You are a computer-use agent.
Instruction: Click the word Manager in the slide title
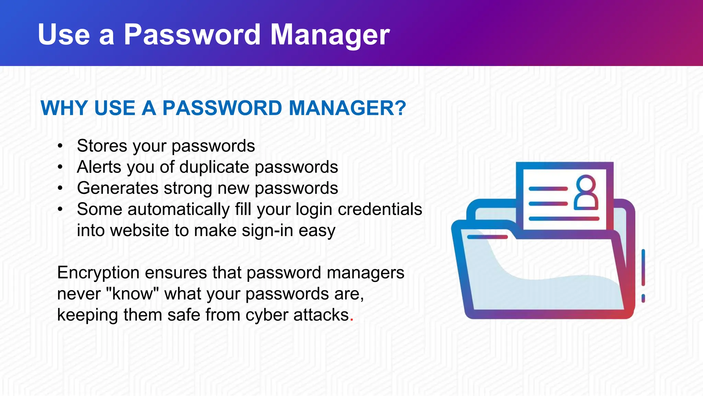tap(330, 35)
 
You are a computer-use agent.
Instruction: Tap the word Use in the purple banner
tap(64, 35)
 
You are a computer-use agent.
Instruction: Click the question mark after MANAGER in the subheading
tap(399, 108)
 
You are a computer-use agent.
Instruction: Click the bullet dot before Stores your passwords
tap(60, 146)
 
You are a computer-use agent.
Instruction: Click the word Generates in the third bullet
tap(118, 188)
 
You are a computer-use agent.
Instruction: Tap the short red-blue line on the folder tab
tap(487, 237)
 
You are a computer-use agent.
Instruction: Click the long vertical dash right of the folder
tap(643, 267)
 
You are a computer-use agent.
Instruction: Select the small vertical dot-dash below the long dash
tap(643, 298)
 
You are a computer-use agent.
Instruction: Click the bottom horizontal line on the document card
tap(564, 219)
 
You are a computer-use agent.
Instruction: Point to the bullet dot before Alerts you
tap(60, 167)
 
